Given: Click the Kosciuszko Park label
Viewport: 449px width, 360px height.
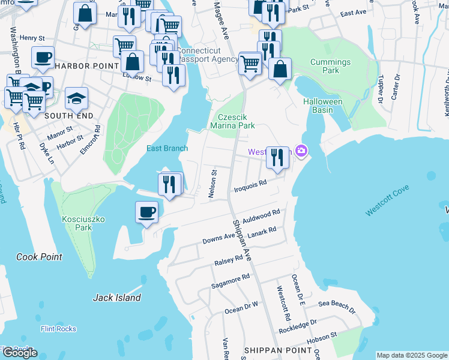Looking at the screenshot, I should (x=83, y=223).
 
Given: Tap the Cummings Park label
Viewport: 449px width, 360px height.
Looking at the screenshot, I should (x=330, y=66).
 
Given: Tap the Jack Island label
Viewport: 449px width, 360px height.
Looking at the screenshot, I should (x=117, y=297).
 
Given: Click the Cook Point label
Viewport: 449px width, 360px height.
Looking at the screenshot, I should (x=39, y=257).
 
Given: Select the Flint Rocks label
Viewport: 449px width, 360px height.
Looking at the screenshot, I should (x=58, y=329).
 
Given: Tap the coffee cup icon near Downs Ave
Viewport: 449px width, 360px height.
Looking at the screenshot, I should (x=147, y=212).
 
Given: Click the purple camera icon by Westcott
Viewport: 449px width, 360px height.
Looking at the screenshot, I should (x=301, y=151).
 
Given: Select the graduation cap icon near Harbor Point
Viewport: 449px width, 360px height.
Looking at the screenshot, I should (x=76, y=97).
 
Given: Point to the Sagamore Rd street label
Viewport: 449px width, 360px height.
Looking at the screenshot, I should (x=230, y=281).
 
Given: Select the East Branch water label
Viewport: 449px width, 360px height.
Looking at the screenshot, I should (x=167, y=149).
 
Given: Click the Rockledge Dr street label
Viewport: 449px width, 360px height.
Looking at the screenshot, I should (x=297, y=328).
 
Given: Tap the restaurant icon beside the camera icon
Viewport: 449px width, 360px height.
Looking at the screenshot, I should (x=277, y=158).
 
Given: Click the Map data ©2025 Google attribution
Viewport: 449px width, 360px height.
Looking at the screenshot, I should (x=412, y=355).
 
